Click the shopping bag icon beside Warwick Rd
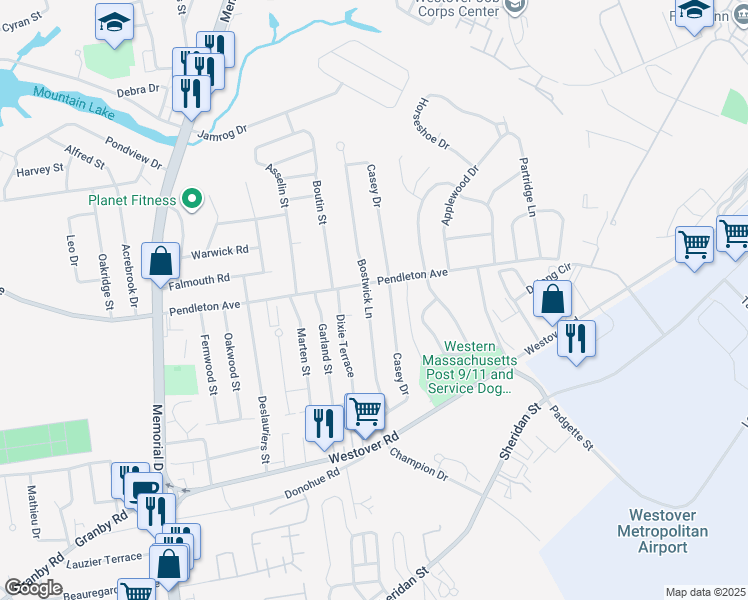[160, 263]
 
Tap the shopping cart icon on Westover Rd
[365, 412]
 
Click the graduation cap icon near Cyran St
[114, 22]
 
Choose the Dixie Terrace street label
[344, 345]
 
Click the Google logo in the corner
[33, 588]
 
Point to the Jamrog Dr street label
[222, 132]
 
